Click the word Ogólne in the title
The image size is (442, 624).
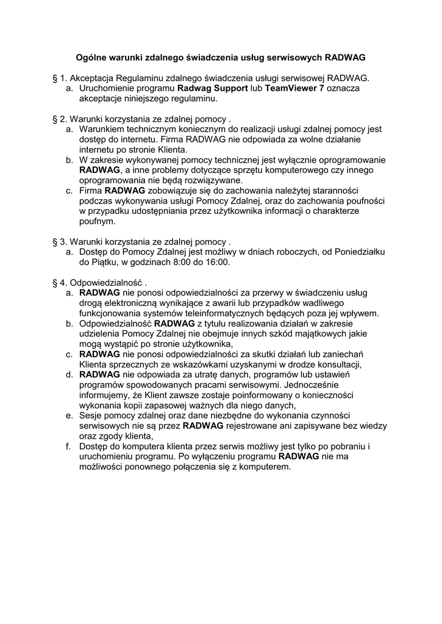(x=90, y=58)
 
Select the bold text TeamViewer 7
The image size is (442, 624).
(x=297, y=88)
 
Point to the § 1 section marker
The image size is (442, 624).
(x=59, y=78)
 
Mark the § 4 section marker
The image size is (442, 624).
(x=59, y=283)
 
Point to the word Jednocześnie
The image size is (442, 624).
(x=310, y=385)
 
